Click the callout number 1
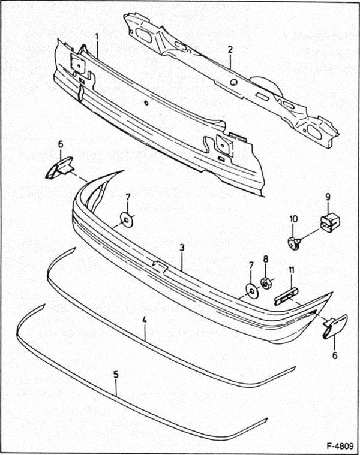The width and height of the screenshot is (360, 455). point(96,37)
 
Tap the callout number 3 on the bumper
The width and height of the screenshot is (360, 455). point(182,248)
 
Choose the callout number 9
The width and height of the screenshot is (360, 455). point(328,195)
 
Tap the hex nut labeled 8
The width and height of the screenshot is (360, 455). point(266,282)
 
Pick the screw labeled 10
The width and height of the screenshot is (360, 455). point(292,242)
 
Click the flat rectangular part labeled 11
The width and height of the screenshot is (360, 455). point(286,297)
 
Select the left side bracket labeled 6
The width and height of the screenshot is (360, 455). point(60,167)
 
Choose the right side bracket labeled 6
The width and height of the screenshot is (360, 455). point(333,326)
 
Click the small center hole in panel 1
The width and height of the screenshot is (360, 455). point(146,103)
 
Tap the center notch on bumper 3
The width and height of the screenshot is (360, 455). point(160,267)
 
